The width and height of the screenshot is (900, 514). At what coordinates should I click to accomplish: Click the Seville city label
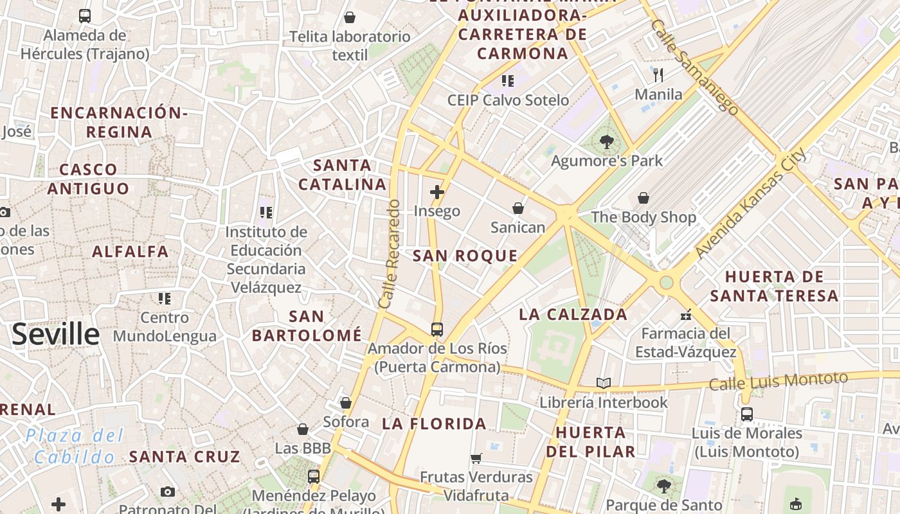pyautogui.click(x=56, y=335)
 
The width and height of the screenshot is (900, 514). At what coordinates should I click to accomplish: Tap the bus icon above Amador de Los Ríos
pyautogui.click(x=437, y=330)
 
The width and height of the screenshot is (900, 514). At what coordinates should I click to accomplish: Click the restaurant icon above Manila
pyautogui.click(x=658, y=76)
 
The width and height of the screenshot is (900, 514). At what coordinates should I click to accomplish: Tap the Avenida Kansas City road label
pyautogui.click(x=750, y=204)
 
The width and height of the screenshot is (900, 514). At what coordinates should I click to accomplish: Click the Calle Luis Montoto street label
pyautogui.click(x=779, y=380)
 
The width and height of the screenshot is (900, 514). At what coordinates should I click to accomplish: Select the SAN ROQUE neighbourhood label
pyautogui.click(x=465, y=256)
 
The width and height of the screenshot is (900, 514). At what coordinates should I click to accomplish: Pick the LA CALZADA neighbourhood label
pyautogui.click(x=573, y=314)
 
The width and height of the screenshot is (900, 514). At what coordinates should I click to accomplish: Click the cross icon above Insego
pyautogui.click(x=437, y=192)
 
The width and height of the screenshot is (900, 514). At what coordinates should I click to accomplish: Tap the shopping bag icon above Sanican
pyautogui.click(x=518, y=208)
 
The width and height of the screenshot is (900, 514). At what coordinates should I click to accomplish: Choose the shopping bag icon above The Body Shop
pyautogui.click(x=643, y=198)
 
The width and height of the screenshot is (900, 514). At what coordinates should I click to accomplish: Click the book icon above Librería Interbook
pyautogui.click(x=603, y=384)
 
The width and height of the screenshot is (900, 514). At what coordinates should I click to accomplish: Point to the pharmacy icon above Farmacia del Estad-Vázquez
pyautogui.click(x=686, y=315)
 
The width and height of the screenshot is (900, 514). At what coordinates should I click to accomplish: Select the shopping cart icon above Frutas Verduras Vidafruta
pyautogui.click(x=476, y=458)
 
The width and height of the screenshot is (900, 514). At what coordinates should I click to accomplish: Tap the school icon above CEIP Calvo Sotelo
pyautogui.click(x=508, y=81)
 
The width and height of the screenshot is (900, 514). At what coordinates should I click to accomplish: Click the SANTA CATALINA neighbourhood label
pyautogui.click(x=343, y=175)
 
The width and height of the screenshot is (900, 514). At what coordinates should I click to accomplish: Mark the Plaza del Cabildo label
pyautogui.click(x=75, y=447)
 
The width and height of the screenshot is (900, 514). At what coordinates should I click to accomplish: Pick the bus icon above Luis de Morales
pyautogui.click(x=746, y=414)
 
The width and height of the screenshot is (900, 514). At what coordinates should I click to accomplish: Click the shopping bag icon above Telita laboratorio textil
pyautogui.click(x=350, y=17)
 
